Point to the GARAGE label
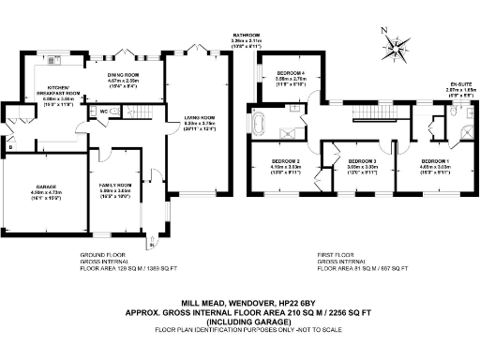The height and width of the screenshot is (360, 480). point(34,188)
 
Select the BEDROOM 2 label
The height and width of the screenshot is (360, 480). point(272,159)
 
